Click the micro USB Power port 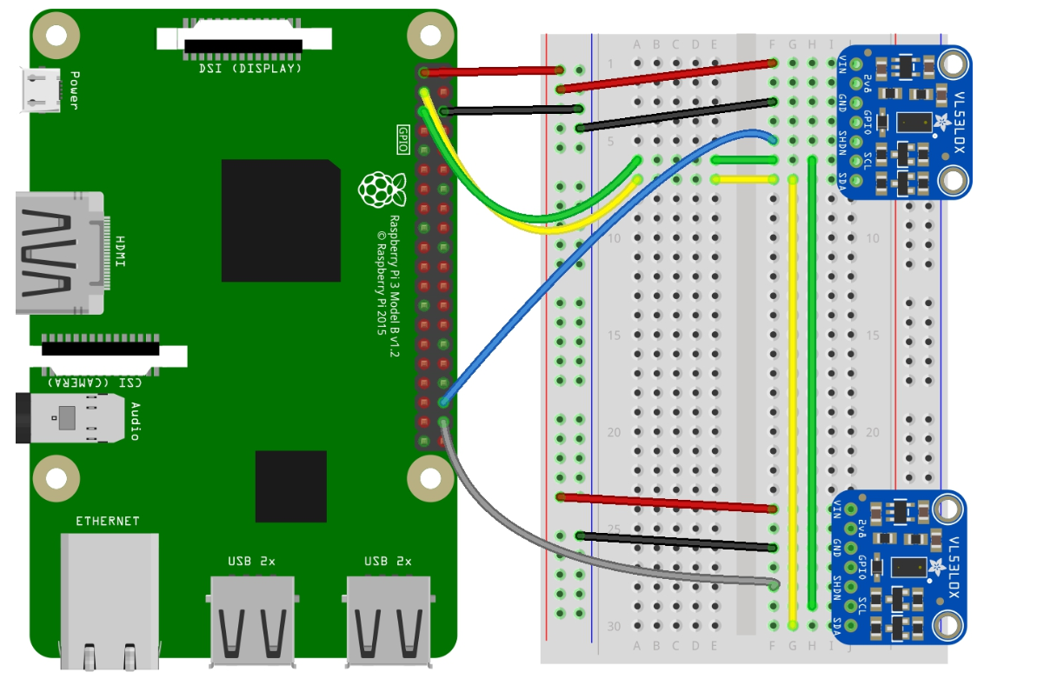[39, 90]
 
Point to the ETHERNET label [107, 522]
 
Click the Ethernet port [108, 600]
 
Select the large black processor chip [280, 221]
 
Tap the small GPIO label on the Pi [402, 137]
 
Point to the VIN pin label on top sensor [841, 63]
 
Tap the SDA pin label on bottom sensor [836, 626]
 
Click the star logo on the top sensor [940, 123]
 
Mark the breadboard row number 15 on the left [615, 336]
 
